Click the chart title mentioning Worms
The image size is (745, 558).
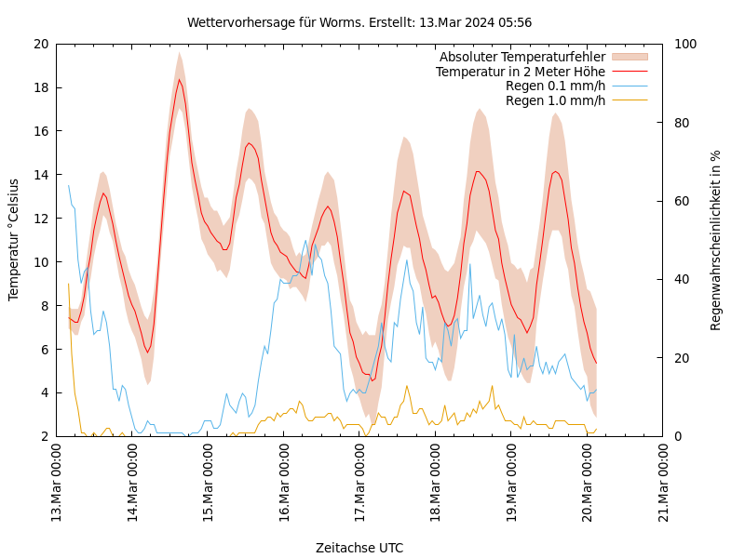359,22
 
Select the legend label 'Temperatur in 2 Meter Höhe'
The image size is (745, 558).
520,72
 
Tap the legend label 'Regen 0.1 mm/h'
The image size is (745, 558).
555,86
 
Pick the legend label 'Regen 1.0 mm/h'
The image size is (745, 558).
555,100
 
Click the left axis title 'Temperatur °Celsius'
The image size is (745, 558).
14,239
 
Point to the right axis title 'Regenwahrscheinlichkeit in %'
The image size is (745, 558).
715,239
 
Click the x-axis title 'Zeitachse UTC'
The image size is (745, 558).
359,548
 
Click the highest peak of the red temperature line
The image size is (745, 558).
180,79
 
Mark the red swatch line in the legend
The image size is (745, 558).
629,72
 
